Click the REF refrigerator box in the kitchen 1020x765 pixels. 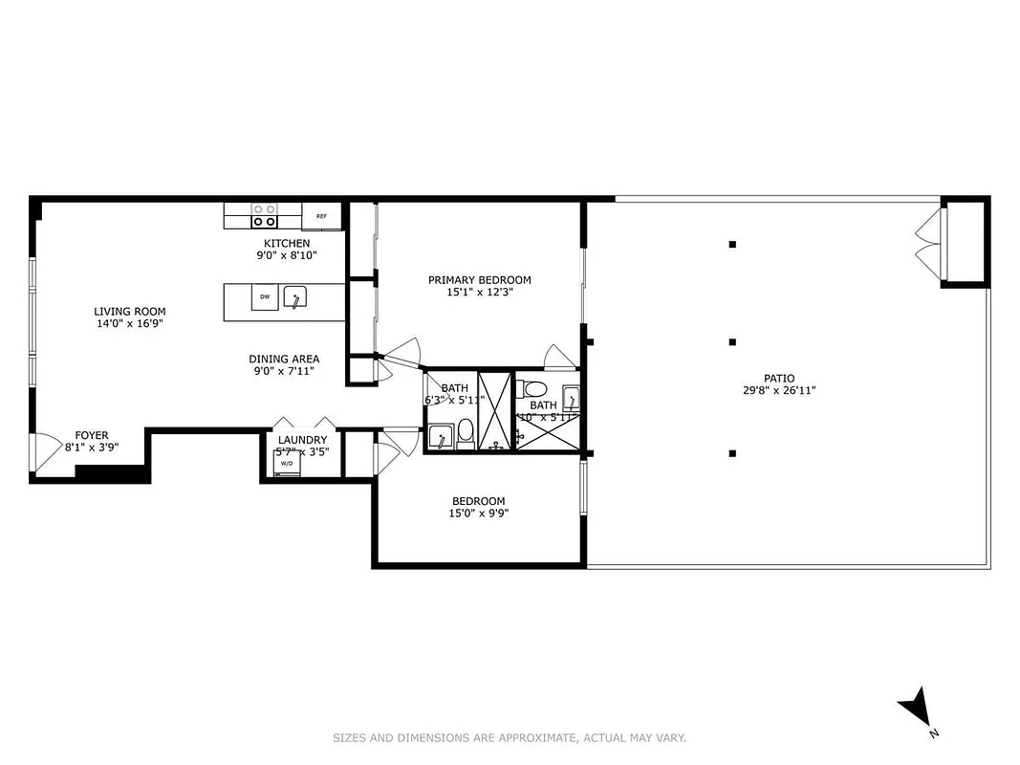[x=321, y=216]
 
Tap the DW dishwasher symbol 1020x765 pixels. [x=265, y=296]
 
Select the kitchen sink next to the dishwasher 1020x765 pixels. [x=296, y=297]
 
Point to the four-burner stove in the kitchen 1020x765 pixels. [x=264, y=215]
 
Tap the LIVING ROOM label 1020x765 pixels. [x=129, y=311]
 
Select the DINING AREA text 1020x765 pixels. [x=284, y=359]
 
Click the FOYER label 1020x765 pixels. [x=92, y=435]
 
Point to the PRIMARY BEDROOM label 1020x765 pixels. [x=479, y=280]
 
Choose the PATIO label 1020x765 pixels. [x=778, y=378]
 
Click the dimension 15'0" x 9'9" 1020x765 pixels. [x=479, y=513]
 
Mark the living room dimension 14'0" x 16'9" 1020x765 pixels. [x=129, y=323]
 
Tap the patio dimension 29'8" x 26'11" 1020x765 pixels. [x=778, y=390]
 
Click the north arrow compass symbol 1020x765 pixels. [x=916, y=709]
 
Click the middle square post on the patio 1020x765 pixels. [x=732, y=341]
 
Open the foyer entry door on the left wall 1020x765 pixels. [x=38, y=452]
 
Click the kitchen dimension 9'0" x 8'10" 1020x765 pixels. [x=287, y=255]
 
